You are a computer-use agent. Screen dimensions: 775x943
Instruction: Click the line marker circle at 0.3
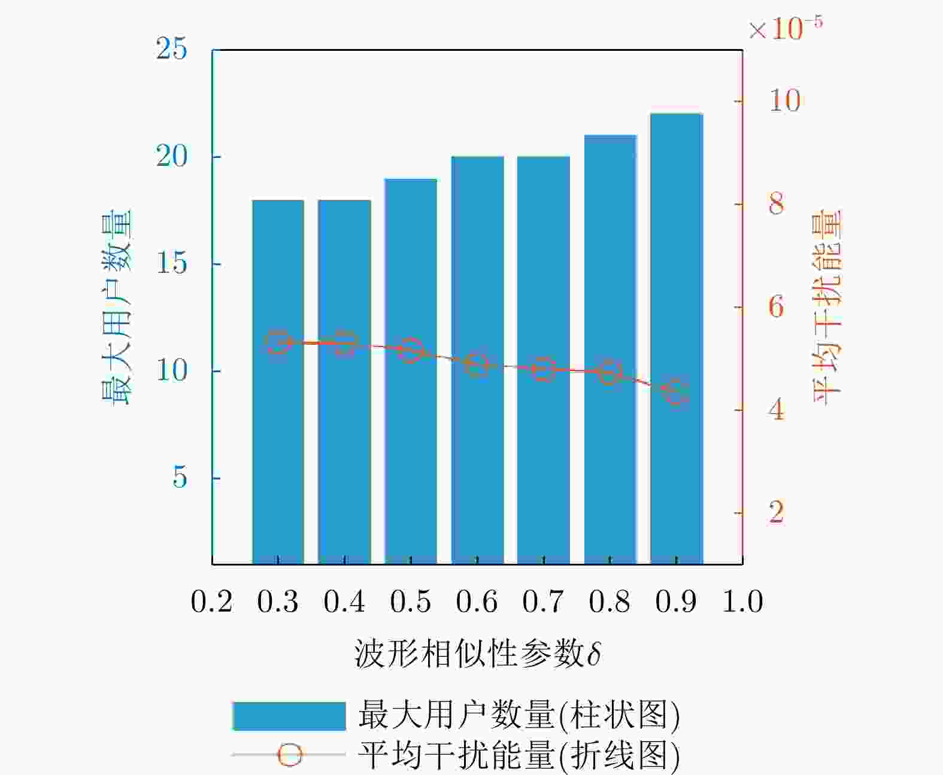pos(278,342)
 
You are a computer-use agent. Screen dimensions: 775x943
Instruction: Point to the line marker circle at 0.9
pos(677,393)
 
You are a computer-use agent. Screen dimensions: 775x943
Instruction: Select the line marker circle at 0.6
pos(477,364)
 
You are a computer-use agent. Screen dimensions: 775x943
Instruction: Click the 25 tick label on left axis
pos(171,49)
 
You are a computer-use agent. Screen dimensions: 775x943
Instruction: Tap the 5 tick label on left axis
pos(180,478)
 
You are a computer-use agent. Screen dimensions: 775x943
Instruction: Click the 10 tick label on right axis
pos(784,101)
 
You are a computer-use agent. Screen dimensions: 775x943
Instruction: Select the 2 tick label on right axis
pos(776,512)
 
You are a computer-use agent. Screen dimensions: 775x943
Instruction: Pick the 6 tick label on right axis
pos(776,307)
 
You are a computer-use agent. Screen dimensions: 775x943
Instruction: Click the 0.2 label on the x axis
pos(211,601)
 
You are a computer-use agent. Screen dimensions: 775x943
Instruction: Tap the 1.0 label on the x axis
pos(742,601)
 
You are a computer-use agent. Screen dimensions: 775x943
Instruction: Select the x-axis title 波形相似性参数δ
pos(477,654)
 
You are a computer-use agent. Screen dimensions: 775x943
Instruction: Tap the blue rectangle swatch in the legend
pos(289,716)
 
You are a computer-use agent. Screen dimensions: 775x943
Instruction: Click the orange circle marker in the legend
pos(290,755)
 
